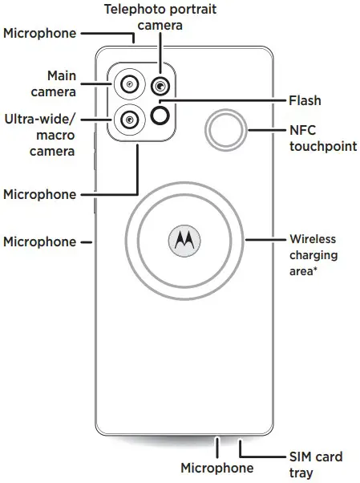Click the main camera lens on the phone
(129, 83)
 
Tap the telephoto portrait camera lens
(161, 86)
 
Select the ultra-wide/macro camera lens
(129, 120)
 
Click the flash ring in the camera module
(161, 117)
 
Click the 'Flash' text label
(304, 101)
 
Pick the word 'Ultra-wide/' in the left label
(42, 119)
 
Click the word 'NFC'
(301, 131)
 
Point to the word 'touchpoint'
(323, 147)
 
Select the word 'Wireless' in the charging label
(312, 239)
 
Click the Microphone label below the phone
(216, 468)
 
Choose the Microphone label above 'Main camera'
(40, 33)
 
